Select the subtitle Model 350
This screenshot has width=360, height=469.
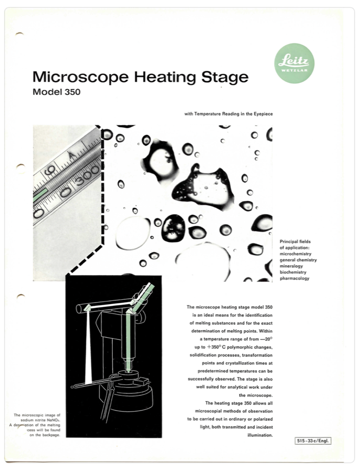point(56,92)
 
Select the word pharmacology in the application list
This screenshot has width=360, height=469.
point(294,279)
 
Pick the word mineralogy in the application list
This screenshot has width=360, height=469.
point(293,266)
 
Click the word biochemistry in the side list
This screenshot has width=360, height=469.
point(294,272)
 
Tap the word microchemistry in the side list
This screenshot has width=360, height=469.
point(296,253)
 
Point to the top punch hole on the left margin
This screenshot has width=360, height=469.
point(20,34)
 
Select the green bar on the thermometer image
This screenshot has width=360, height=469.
point(40,195)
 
